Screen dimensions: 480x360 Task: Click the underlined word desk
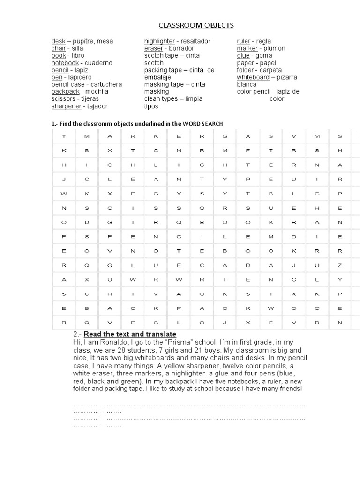pos(58,41)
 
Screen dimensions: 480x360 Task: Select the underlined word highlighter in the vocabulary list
pos(159,41)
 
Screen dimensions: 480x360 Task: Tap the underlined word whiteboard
pos(253,77)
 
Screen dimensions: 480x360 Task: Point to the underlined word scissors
pos(63,99)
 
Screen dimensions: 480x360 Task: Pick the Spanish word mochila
pos(97,92)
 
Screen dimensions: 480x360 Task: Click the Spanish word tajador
pos(96,106)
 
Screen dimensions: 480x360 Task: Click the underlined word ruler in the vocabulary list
pos(243,41)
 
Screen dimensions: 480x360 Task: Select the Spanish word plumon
pos(274,48)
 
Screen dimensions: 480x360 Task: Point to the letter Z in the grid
pos(340,265)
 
